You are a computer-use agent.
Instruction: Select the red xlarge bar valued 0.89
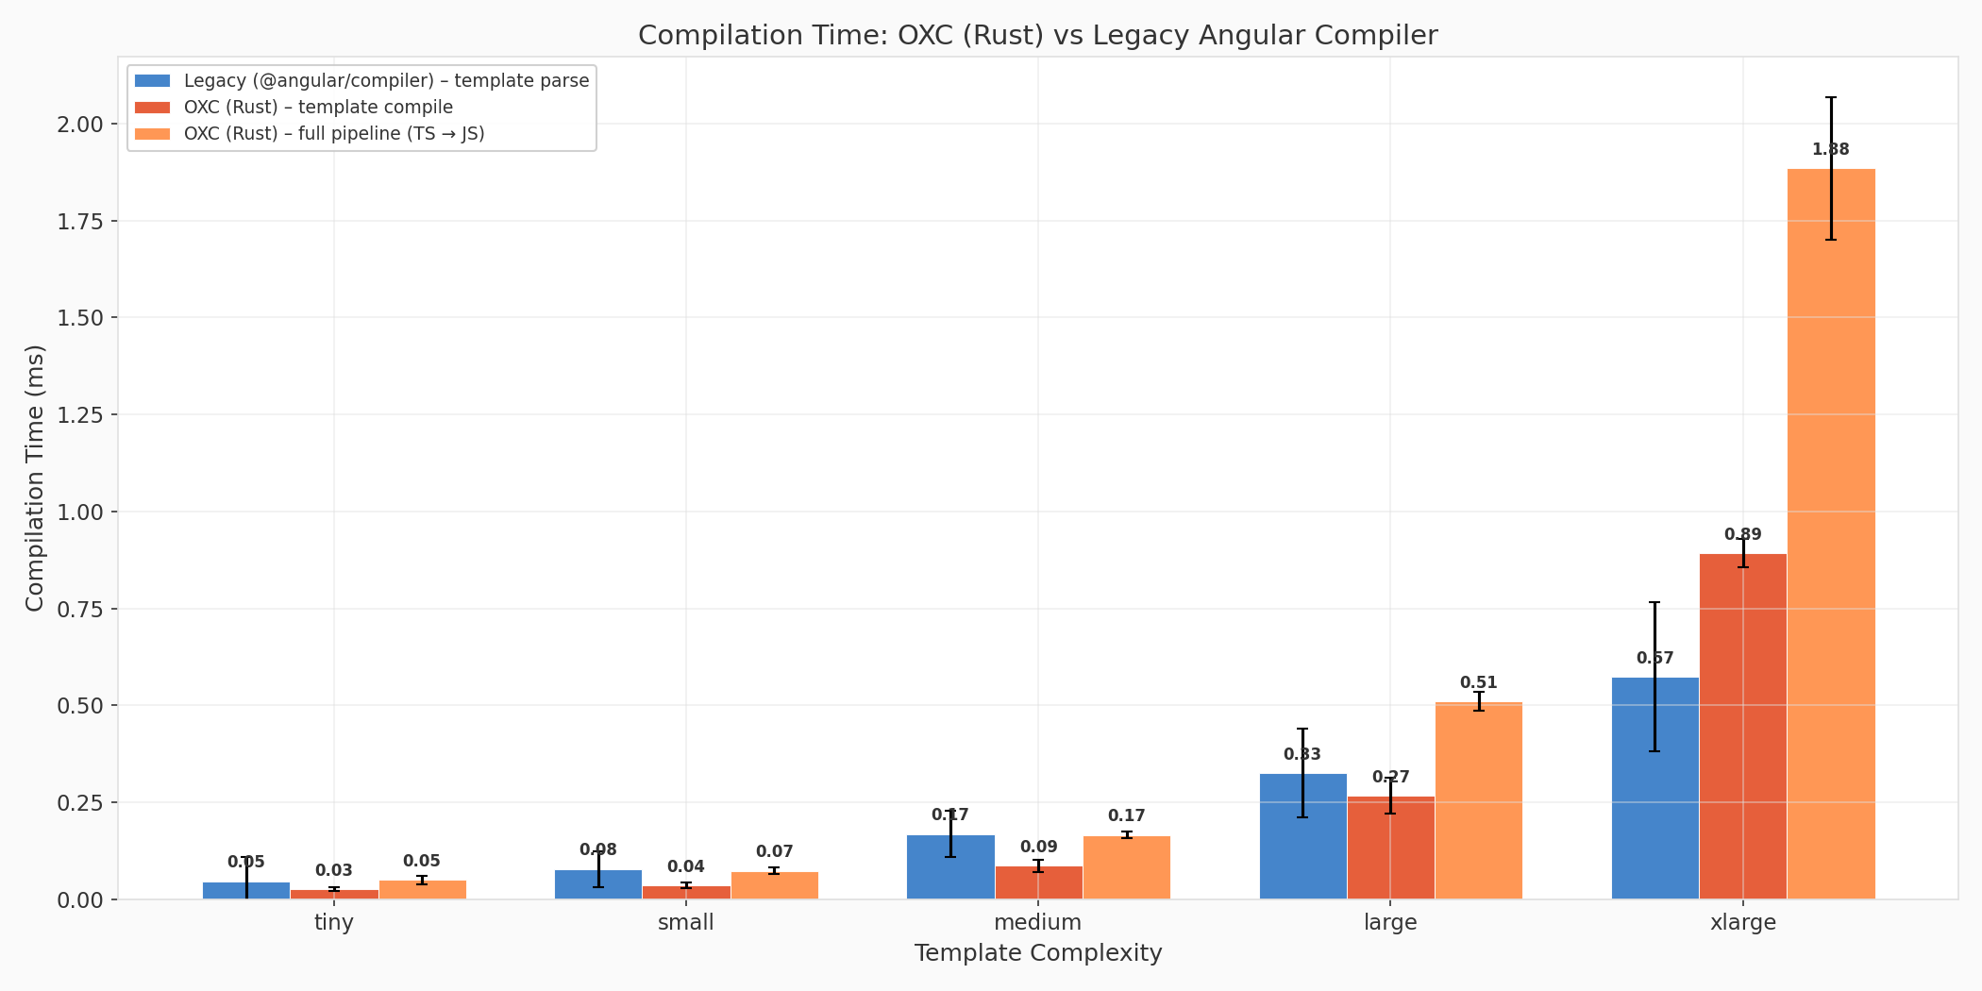click(1742, 727)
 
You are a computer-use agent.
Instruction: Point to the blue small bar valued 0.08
click(597, 884)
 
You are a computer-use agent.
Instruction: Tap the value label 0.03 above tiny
click(333, 870)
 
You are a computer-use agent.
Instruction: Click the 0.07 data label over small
click(774, 851)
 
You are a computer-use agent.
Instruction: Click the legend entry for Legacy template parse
click(386, 81)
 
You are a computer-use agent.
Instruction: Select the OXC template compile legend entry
click(318, 108)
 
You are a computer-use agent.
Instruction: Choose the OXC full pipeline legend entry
click(334, 134)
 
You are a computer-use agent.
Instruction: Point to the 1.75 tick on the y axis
click(80, 221)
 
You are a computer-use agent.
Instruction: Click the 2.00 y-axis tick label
click(80, 125)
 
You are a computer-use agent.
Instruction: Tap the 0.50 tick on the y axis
click(80, 705)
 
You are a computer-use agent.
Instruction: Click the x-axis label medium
click(1037, 922)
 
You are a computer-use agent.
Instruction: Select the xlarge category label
click(1742, 922)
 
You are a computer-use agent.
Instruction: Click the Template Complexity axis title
click(1037, 953)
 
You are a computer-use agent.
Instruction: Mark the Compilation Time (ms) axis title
click(35, 478)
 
